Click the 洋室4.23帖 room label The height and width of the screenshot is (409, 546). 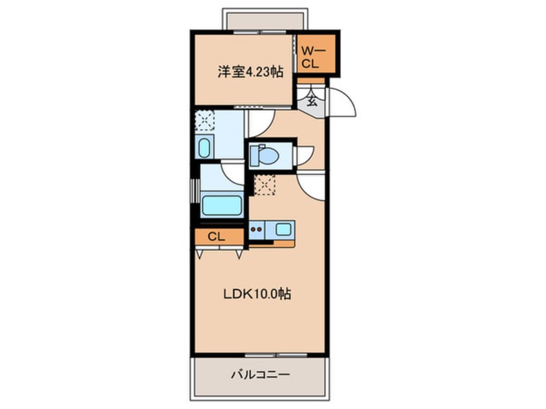point(241,72)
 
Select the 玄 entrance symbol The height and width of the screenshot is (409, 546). point(312,101)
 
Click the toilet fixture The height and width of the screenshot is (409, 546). point(265,155)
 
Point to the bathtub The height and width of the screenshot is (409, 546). point(221,206)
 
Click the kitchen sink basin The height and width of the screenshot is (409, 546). point(283,228)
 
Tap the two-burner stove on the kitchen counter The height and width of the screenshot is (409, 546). point(257,228)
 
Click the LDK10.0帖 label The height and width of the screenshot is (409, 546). point(256,294)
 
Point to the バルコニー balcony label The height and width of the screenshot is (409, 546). point(257,374)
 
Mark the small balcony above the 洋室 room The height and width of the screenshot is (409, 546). point(262,20)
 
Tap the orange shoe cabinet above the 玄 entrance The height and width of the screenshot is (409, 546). point(311,81)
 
